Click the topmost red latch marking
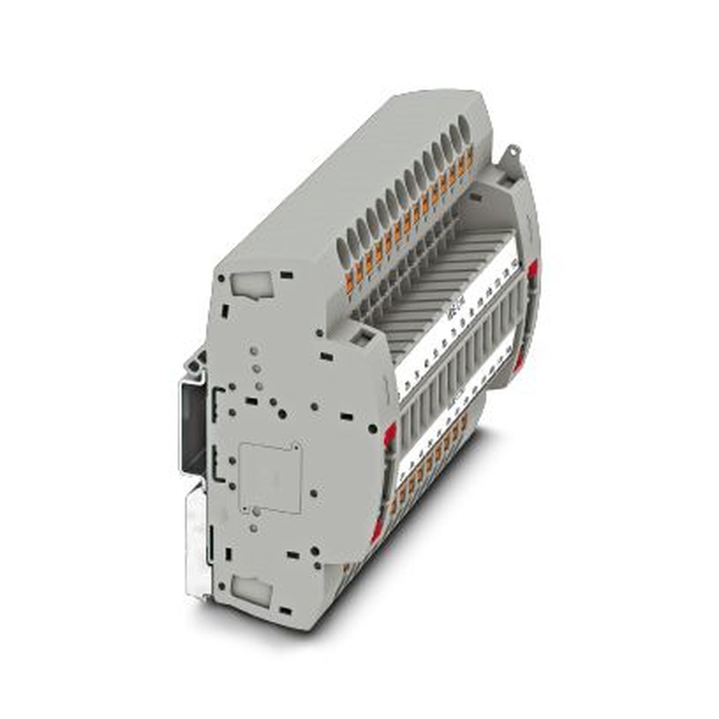coord(533,270)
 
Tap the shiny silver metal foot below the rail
coord(198,539)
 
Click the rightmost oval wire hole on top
coord(464,133)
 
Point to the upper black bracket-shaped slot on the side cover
coord(215,398)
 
